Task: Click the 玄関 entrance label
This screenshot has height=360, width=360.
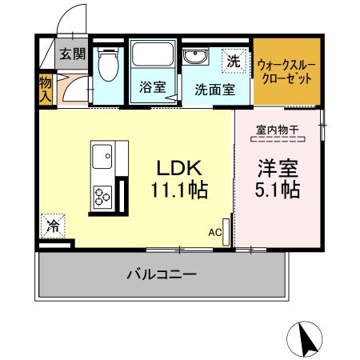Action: (70, 54)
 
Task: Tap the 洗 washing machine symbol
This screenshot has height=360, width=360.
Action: (233, 59)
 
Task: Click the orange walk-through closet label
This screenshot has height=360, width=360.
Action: (285, 74)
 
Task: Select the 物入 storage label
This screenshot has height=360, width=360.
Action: (46, 89)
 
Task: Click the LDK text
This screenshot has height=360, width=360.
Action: (181, 170)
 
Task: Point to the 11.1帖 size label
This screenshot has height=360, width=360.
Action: (181, 191)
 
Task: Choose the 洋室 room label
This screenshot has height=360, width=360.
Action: (278, 170)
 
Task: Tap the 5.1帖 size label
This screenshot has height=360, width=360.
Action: (278, 191)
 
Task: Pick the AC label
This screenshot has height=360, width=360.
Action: (214, 232)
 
